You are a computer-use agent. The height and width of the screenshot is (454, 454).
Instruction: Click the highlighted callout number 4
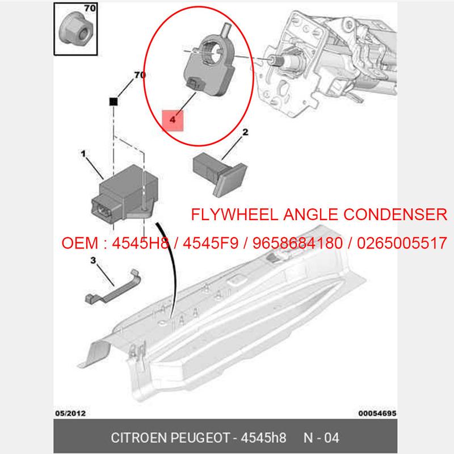[172, 120]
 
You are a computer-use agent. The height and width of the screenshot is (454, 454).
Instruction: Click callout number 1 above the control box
[83, 154]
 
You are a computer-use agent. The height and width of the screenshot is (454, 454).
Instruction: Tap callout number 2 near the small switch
[245, 133]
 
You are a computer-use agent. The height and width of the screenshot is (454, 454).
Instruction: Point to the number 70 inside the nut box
[90, 9]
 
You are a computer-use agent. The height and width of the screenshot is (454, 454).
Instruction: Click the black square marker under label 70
[113, 101]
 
